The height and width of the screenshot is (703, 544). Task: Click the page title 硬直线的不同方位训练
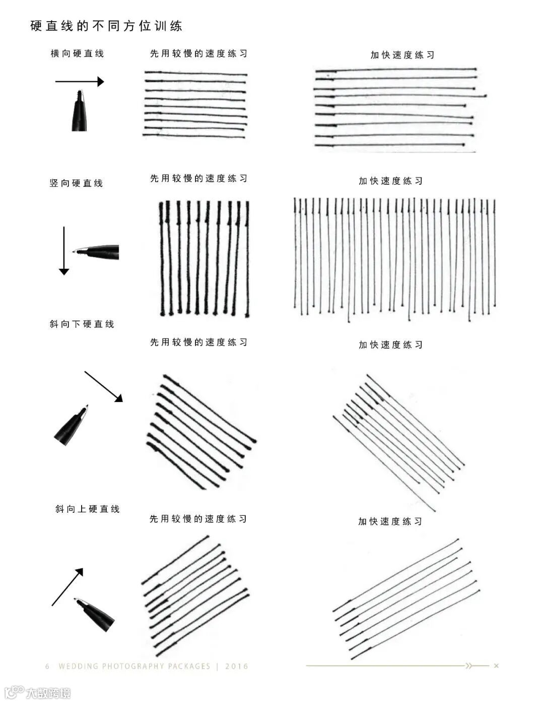(106, 26)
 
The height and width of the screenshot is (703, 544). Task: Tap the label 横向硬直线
(77, 53)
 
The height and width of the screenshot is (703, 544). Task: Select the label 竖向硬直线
(76, 183)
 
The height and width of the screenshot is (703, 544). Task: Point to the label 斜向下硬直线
(82, 324)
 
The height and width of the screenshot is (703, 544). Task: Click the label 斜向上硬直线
(88, 509)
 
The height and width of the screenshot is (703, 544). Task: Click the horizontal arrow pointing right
(80, 82)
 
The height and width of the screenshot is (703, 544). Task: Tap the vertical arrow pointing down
(64, 251)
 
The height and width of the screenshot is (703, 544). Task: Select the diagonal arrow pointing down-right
(104, 386)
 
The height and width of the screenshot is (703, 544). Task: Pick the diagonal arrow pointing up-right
(67, 587)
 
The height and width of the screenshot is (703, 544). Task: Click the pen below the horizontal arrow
(79, 111)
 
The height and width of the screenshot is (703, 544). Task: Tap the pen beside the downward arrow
(96, 252)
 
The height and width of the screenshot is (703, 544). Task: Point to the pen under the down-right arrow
(71, 425)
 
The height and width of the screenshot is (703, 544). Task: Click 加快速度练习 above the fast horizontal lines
(402, 55)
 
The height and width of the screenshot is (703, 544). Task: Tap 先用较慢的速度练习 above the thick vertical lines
(198, 178)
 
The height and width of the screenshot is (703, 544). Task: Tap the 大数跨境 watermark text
(48, 693)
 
